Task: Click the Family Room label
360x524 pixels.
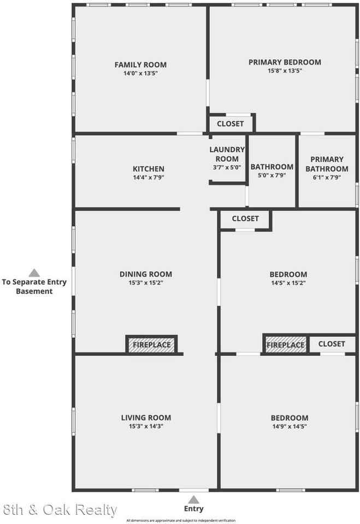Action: click(x=140, y=65)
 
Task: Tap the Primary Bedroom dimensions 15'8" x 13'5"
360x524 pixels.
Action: click(x=285, y=71)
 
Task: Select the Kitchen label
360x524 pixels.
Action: click(x=149, y=169)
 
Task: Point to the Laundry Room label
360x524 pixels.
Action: click(x=227, y=154)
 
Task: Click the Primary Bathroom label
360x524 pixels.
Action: click(x=327, y=164)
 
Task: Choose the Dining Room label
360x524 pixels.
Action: click(x=146, y=275)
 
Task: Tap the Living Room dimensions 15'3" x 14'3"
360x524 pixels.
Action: click(x=146, y=426)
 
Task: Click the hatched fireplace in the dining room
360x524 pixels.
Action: click(x=151, y=344)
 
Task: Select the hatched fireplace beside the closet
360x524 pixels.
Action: click(x=285, y=344)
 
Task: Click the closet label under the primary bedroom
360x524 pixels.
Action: click(x=230, y=124)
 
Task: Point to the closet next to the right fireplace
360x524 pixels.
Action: click(x=332, y=344)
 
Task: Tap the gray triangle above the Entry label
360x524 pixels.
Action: click(x=193, y=499)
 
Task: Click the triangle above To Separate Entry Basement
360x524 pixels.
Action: click(x=34, y=273)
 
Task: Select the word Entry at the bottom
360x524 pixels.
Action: click(x=194, y=509)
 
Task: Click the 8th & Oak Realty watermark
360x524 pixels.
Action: click(x=60, y=510)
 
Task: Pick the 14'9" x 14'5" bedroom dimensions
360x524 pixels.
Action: click(x=290, y=426)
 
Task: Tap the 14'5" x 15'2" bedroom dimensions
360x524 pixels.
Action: click(x=288, y=283)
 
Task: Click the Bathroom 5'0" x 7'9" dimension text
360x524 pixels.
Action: click(x=272, y=175)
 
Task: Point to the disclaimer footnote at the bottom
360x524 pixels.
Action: click(x=181, y=520)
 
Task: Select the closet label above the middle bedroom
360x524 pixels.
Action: click(x=245, y=218)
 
